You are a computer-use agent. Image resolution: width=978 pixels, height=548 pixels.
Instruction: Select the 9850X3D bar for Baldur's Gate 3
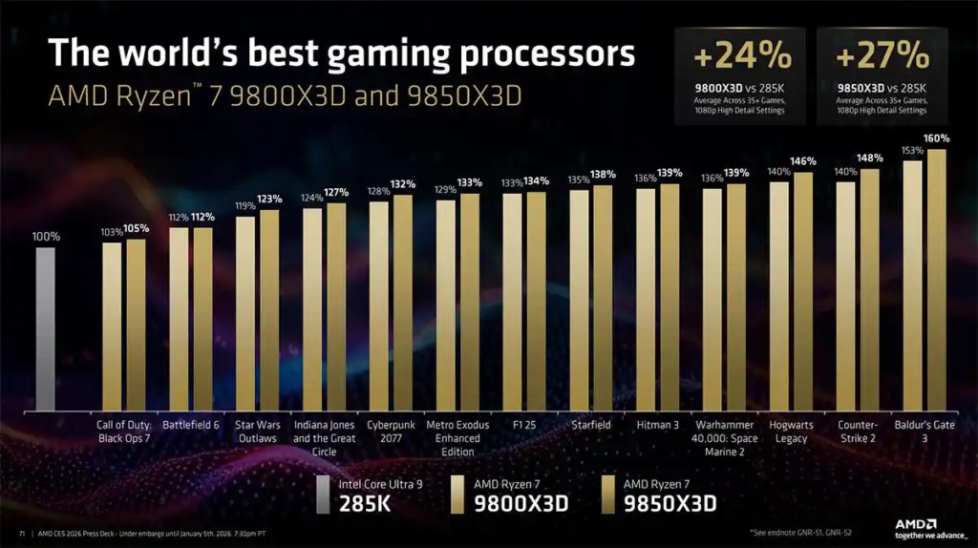(x=937, y=277)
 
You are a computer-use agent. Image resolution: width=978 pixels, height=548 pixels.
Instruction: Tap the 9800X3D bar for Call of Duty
(x=112, y=325)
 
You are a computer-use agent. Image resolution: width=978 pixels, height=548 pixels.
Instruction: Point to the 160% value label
(x=935, y=138)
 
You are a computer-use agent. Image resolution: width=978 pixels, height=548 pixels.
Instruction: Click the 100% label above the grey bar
(x=46, y=236)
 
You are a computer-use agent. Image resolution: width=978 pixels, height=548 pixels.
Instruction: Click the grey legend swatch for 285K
(x=325, y=495)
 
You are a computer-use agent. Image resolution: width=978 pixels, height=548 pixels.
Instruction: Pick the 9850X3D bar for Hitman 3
(x=670, y=295)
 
